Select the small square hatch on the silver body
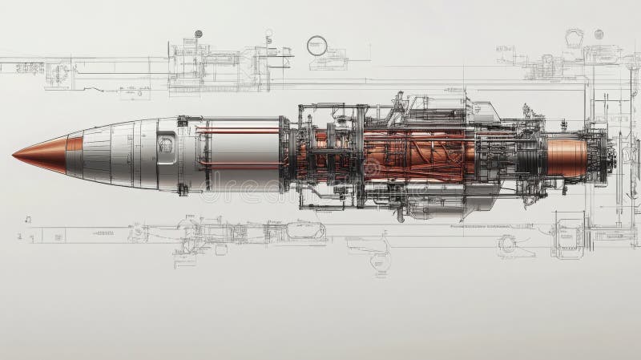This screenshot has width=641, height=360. click(x=166, y=145)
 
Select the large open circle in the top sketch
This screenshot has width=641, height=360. click(x=317, y=45)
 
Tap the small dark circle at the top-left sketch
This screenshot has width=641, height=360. click(x=198, y=34)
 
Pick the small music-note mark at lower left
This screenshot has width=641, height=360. click(x=27, y=218)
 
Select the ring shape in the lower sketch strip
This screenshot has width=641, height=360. click(x=506, y=243)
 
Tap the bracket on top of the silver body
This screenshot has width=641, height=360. click(x=183, y=121)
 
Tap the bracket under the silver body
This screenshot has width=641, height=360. click(x=183, y=189)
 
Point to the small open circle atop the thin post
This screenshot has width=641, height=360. click(x=269, y=34)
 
